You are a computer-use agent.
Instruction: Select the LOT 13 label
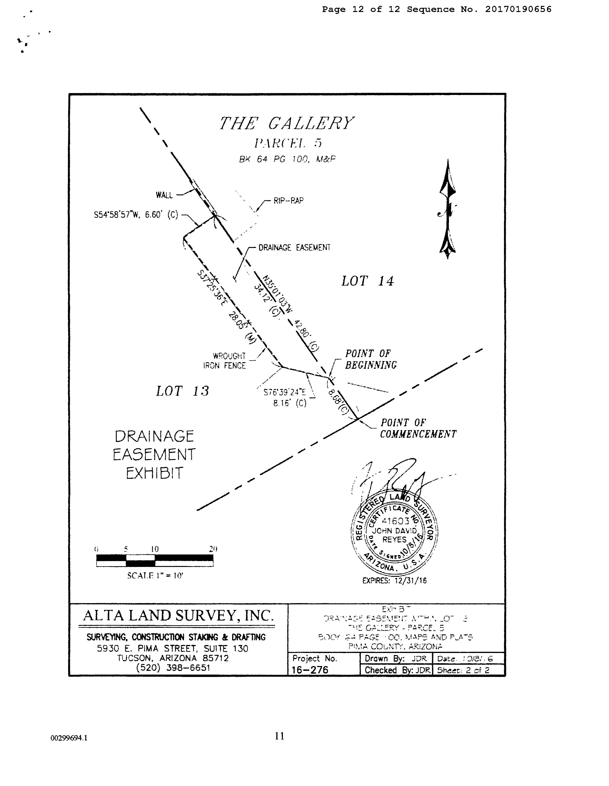(x=182, y=391)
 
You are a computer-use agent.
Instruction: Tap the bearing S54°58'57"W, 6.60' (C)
(x=136, y=215)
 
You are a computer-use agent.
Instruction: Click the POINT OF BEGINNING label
(x=371, y=359)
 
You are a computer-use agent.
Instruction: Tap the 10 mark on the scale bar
(x=155, y=549)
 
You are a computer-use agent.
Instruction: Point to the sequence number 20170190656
(x=518, y=9)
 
